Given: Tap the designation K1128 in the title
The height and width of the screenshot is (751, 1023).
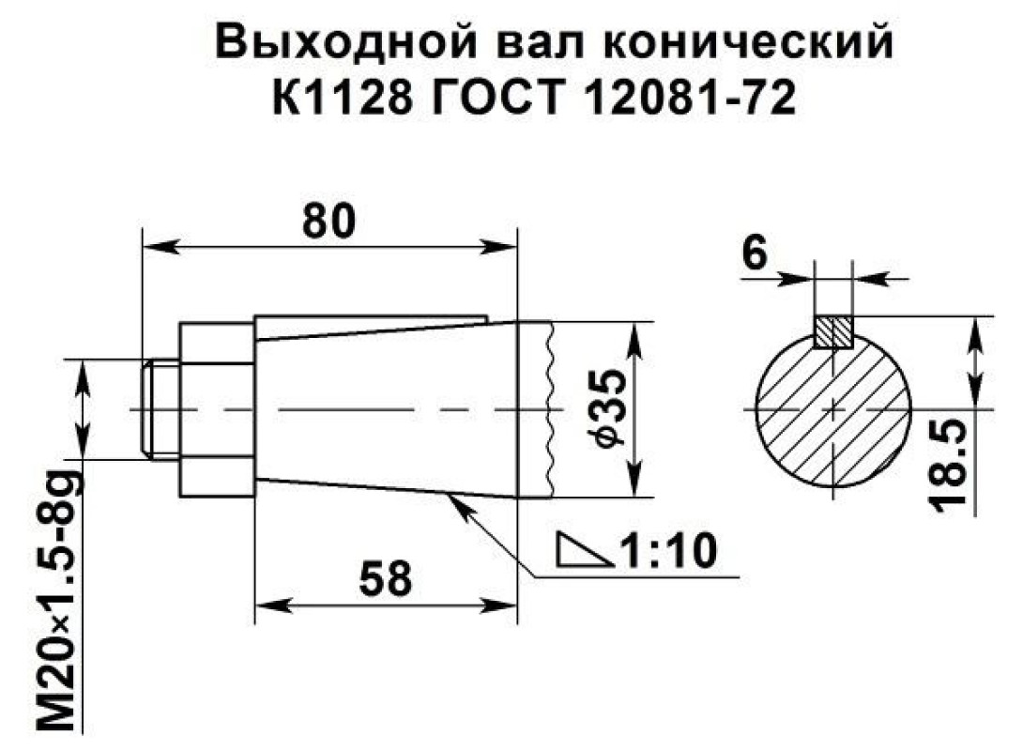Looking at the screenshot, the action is click(343, 98).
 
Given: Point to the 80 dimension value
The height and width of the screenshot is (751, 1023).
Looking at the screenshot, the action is click(329, 221).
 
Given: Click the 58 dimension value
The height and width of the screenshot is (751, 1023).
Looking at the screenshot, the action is click(387, 578).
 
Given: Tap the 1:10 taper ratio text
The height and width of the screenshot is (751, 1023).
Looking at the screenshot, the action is click(668, 550).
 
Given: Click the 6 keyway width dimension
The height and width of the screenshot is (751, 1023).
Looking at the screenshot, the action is click(755, 253).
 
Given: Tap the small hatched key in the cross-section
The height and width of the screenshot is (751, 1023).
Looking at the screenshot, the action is click(833, 331).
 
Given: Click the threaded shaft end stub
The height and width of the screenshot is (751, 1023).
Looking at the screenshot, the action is click(160, 409).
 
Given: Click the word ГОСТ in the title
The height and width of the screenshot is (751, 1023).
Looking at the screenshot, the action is click(498, 98).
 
